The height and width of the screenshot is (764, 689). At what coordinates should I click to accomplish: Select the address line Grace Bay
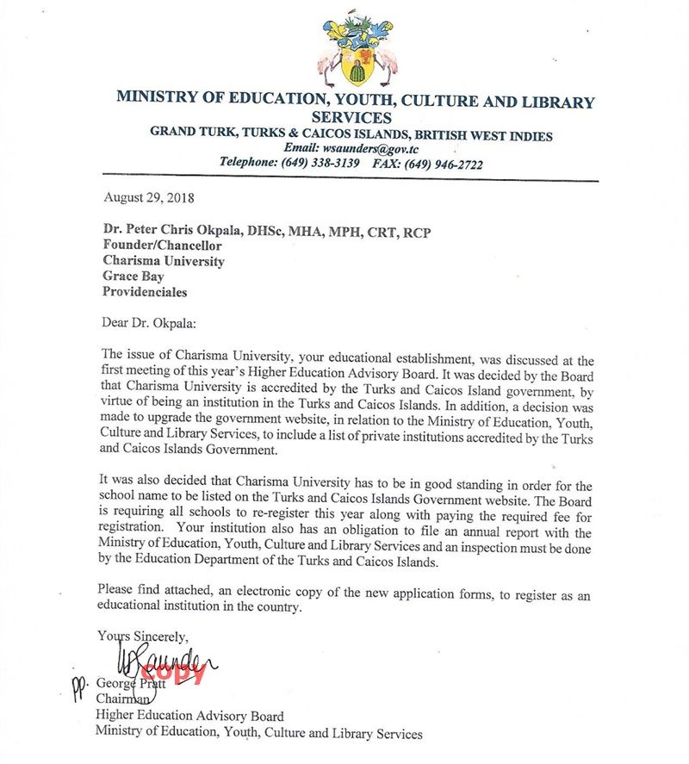tap(134, 276)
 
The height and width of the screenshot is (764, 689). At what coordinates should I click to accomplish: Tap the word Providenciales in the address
tap(145, 292)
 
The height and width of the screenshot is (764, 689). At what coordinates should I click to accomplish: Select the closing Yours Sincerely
tap(142, 637)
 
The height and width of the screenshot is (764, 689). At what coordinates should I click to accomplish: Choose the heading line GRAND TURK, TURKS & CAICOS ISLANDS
tap(351, 135)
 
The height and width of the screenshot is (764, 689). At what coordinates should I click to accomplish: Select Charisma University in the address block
tap(164, 261)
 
